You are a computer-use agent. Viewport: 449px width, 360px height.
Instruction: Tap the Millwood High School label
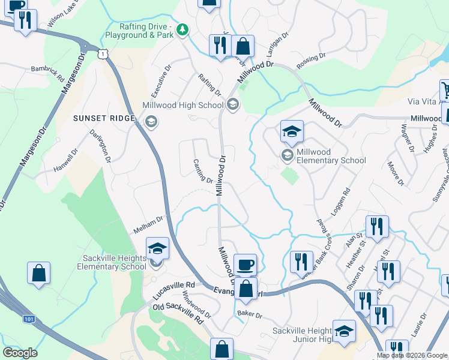click(x=182, y=106)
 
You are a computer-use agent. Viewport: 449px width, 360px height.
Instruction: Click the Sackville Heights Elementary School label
click(x=114, y=262)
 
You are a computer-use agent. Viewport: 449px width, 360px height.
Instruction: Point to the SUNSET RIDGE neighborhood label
click(x=104, y=118)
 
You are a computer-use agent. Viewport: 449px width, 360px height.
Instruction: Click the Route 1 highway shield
click(x=104, y=54)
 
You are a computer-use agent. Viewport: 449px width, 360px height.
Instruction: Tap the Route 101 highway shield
click(x=29, y=319)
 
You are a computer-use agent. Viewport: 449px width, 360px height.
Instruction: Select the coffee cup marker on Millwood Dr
click(x=245, y=265)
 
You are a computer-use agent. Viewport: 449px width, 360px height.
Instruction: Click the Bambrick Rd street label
click(x=48, y=74)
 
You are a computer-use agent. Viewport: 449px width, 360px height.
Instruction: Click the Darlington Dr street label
click(x=101, y=146)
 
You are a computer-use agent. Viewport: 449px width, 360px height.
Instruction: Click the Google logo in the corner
click(x=20, y=353)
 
